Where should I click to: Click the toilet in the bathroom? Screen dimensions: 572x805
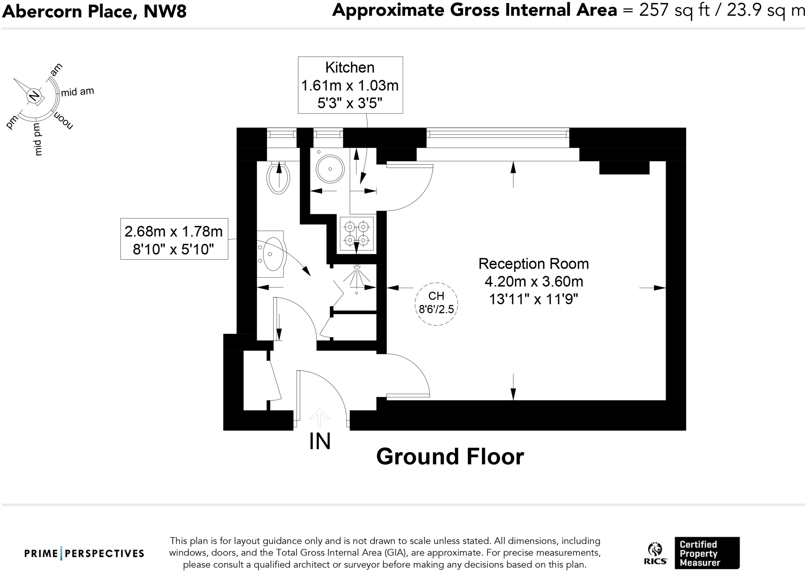click(x=278, y=179)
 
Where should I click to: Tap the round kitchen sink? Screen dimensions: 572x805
click(x=330, y=169)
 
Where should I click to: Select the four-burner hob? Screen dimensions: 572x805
click(x=357, y=233)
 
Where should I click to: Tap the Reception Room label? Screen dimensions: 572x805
click(x=533, y=264)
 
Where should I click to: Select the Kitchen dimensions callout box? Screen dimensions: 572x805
click(x=350, y=85)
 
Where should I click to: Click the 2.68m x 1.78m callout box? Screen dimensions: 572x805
click(x=174, y=239)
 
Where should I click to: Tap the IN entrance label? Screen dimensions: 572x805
click(x=320, y=442)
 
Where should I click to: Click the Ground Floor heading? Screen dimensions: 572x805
click(x=450, y=457)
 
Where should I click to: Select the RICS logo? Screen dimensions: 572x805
click(x=655, y=553)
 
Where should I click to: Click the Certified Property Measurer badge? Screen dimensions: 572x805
click(x=707, y=553)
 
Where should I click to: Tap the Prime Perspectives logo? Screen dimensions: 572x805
click(x=84, y=554)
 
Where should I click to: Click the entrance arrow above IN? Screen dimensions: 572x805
click(x=319, y=417)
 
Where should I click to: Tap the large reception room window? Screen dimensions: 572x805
click(x=498, y=134)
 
